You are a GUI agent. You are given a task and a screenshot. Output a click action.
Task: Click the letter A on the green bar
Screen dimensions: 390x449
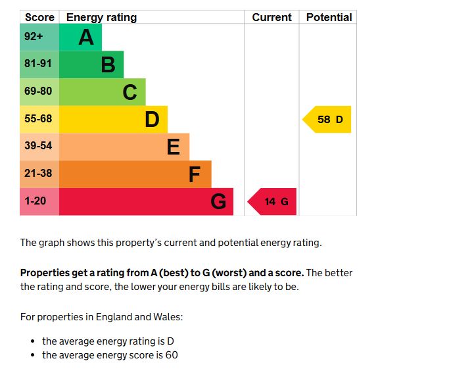tap(86, 37)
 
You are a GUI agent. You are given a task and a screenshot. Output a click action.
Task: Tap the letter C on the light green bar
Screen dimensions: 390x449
tap(130, 92)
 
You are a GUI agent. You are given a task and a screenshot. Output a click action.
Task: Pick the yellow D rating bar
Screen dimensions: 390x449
tap(113, 120)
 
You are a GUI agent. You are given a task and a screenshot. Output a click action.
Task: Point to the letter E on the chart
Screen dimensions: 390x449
tap(173, 147)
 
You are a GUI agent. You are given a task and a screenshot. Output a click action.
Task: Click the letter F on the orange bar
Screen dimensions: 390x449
tap(195, 174)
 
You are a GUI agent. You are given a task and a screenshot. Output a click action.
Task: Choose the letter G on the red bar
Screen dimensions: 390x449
tap(218, 201)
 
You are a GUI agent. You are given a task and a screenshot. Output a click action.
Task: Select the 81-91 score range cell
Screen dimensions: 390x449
tap(38, 64)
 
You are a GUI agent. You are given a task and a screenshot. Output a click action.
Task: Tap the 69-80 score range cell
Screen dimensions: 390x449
tap(38, 92)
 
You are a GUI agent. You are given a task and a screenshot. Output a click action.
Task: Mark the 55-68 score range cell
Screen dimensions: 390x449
tap(38, 120)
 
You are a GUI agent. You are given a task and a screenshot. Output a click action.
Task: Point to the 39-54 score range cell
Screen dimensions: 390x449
tap(38, 147)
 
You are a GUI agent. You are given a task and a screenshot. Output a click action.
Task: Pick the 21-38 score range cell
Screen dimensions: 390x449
tap(38, 174)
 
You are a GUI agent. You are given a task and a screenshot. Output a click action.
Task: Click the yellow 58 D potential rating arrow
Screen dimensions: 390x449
tap(328, 120)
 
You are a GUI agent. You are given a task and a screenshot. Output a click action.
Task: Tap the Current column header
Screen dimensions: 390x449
tap(272, 18)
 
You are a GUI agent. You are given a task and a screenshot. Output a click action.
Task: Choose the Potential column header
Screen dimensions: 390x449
tap(329, 18)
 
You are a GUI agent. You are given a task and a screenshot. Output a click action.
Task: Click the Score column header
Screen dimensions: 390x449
tap(39, 18)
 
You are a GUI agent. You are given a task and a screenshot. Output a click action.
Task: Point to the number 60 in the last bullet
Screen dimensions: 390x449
tap(172, 355)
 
